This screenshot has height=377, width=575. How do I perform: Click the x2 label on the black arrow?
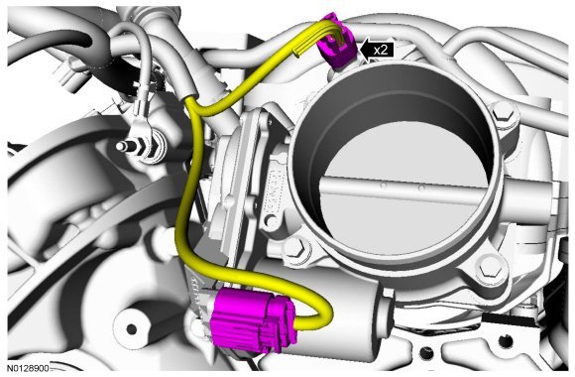point(381,50)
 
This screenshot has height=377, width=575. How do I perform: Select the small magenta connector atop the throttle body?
point(337,41)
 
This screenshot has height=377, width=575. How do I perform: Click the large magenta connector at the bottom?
point(254,319)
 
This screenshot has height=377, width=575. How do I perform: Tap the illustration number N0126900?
point(29,368)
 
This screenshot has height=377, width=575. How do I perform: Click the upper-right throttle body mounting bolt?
point(503,110)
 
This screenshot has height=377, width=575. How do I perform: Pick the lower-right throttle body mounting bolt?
point(490,268)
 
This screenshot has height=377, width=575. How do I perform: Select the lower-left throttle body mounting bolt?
point(295,249)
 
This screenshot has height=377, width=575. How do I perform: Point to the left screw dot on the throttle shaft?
point(384,187)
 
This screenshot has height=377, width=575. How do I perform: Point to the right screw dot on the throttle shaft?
point(421,188)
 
